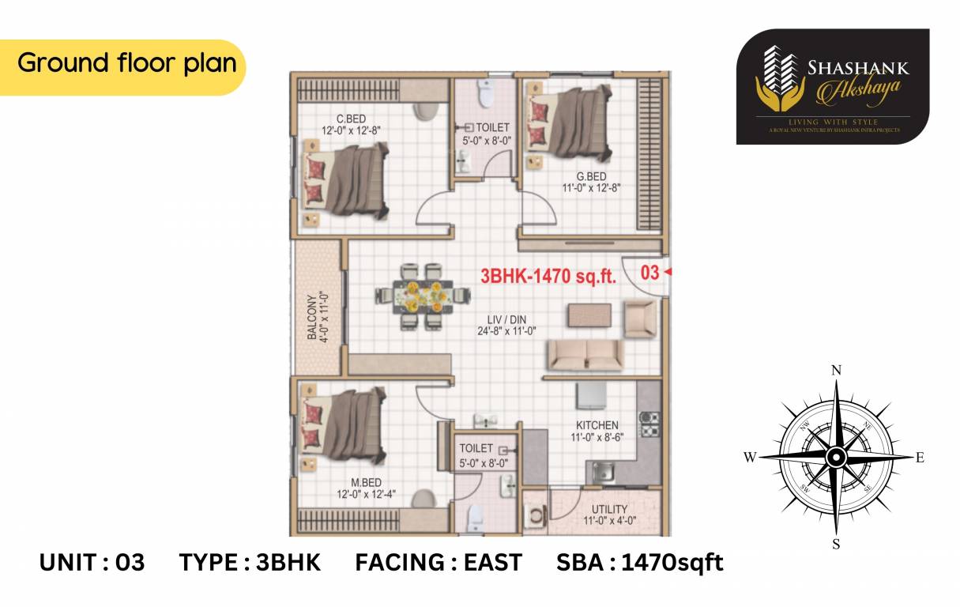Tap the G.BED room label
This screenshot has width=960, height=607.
click(591, 176)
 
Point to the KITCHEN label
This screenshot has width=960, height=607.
click(597, 425)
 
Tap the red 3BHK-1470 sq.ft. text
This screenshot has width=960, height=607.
click(548, 275)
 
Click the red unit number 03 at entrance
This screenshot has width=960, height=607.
click(649, 273)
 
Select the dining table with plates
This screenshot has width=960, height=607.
click(420, 296)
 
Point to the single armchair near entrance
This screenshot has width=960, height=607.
click(639, 318)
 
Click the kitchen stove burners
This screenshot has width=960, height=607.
click(649, 424)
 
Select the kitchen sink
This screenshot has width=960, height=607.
click(604, 473)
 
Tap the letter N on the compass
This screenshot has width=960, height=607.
click(837, 370)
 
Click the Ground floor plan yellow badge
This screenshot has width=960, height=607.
click(126, 64)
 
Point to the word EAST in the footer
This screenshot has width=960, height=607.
click(492, 563)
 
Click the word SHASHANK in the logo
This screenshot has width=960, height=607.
click(858, 68)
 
